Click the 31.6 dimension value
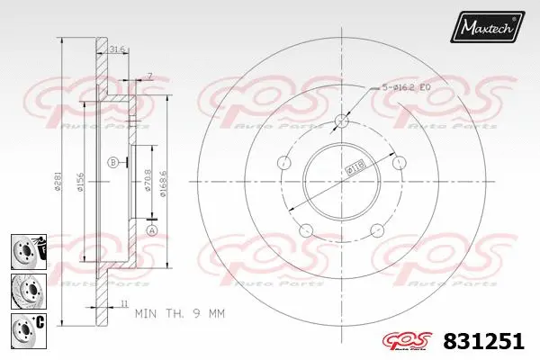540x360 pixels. click(116, 49)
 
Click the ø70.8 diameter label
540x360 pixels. click(146, 190)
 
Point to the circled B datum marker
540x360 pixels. click(112, 162)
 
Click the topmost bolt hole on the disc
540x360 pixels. click(341, 121)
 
